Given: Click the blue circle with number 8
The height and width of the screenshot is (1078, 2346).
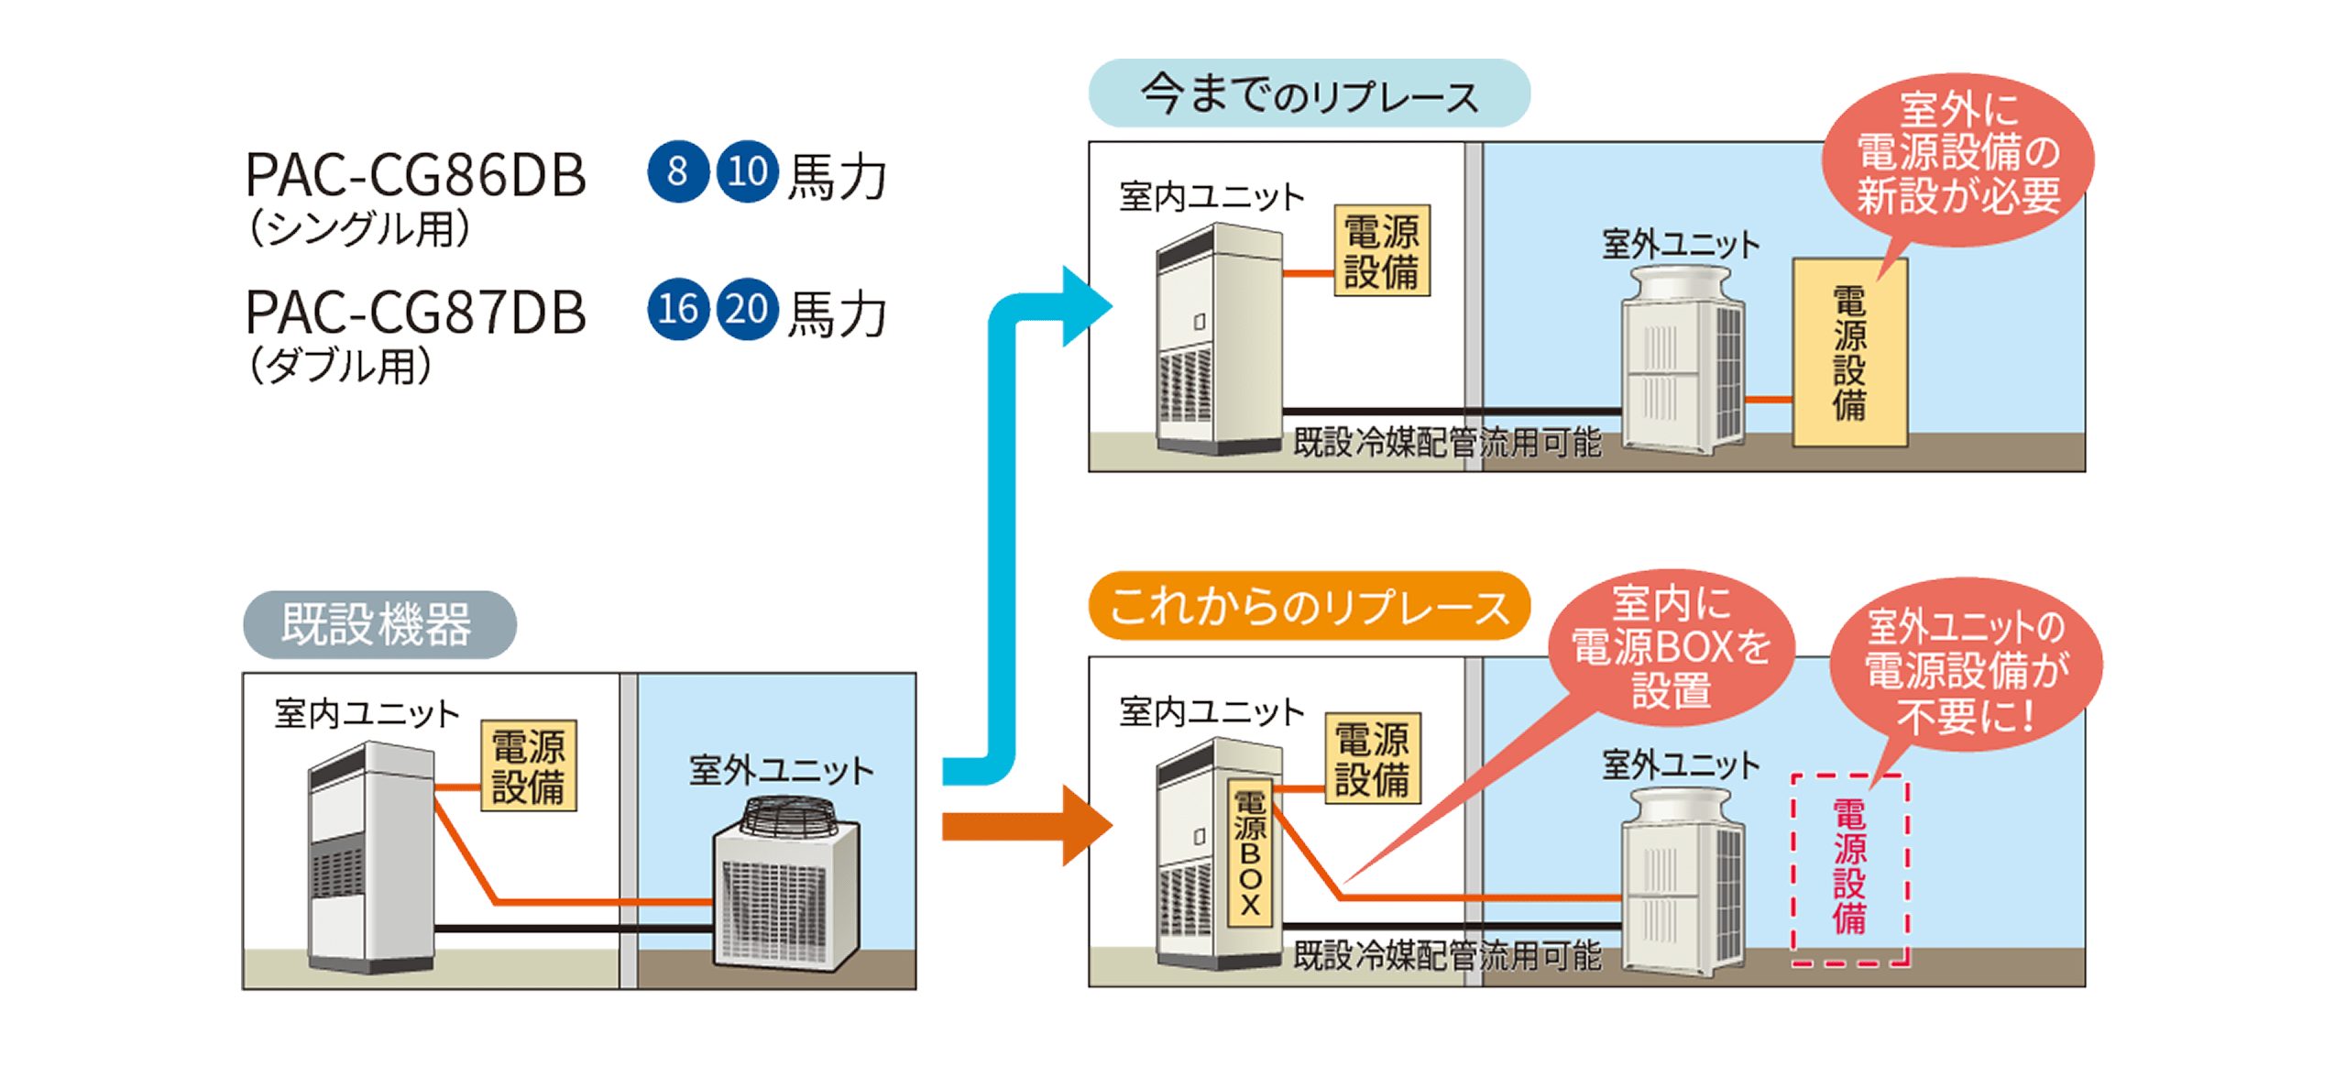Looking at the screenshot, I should [677, 171].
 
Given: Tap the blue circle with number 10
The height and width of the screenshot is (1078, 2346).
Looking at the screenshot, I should [747, 171].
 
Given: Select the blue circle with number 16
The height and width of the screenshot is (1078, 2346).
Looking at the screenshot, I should [677, 309].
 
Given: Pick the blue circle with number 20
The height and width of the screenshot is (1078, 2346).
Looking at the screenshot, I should [747, 309].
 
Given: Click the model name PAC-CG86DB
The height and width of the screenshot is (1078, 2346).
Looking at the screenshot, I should [415, 175].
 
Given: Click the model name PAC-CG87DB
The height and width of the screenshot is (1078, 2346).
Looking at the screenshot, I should [415, 313].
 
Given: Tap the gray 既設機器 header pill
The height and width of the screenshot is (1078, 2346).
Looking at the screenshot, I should [378, 624].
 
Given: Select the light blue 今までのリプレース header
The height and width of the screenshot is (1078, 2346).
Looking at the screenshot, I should [1308, 93].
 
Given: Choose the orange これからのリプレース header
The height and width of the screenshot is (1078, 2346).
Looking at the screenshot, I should [1308, 606].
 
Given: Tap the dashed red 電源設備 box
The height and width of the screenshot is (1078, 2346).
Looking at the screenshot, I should [1849, 869].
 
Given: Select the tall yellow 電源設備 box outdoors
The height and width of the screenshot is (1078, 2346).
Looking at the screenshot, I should [1849, 353].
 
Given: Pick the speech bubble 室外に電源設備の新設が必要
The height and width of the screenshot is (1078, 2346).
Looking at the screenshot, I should [1957, 156].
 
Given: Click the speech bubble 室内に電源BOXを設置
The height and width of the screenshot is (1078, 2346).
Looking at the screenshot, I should [1670, 647].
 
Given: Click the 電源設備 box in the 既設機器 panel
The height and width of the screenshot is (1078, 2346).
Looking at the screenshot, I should [528, 765].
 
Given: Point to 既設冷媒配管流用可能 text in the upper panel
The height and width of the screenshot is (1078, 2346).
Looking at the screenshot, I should [1446, 443].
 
